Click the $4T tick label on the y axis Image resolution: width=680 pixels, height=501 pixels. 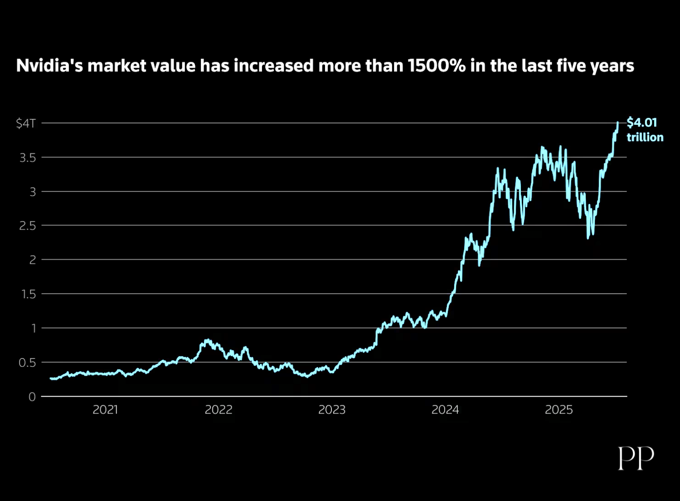click(x=26, y=123)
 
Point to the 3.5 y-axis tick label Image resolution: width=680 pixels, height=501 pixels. click(x=27, y=158)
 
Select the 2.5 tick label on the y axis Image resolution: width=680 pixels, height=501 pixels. click(x=27, y=226)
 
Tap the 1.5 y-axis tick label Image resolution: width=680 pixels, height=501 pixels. click(x=28, y=294)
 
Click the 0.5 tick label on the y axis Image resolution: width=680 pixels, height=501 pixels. click(x=27, y=363)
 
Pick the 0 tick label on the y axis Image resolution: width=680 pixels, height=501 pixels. click(x=32, y=397)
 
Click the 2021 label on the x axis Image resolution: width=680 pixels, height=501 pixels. click(x=105, y=410)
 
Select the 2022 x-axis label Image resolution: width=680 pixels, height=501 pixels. click(x=219, y=410)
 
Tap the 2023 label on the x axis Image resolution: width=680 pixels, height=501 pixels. click(x=332, y=410)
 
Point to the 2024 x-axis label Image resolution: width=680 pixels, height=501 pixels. click(x=445, y=410)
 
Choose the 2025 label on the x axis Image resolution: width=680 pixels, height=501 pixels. click(x=559, y=410)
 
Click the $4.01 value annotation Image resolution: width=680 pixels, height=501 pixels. click(x=642, y=123)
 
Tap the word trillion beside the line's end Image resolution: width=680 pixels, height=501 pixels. click(x=645, y=138)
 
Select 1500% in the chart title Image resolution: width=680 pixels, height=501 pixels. click(x=437, y=66)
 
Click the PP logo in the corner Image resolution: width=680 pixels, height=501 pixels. click(x=636, y=458)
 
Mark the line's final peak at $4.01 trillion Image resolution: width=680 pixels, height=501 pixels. click(x=617, y=123)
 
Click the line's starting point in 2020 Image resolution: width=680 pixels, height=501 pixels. click(x=51, y=378)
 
